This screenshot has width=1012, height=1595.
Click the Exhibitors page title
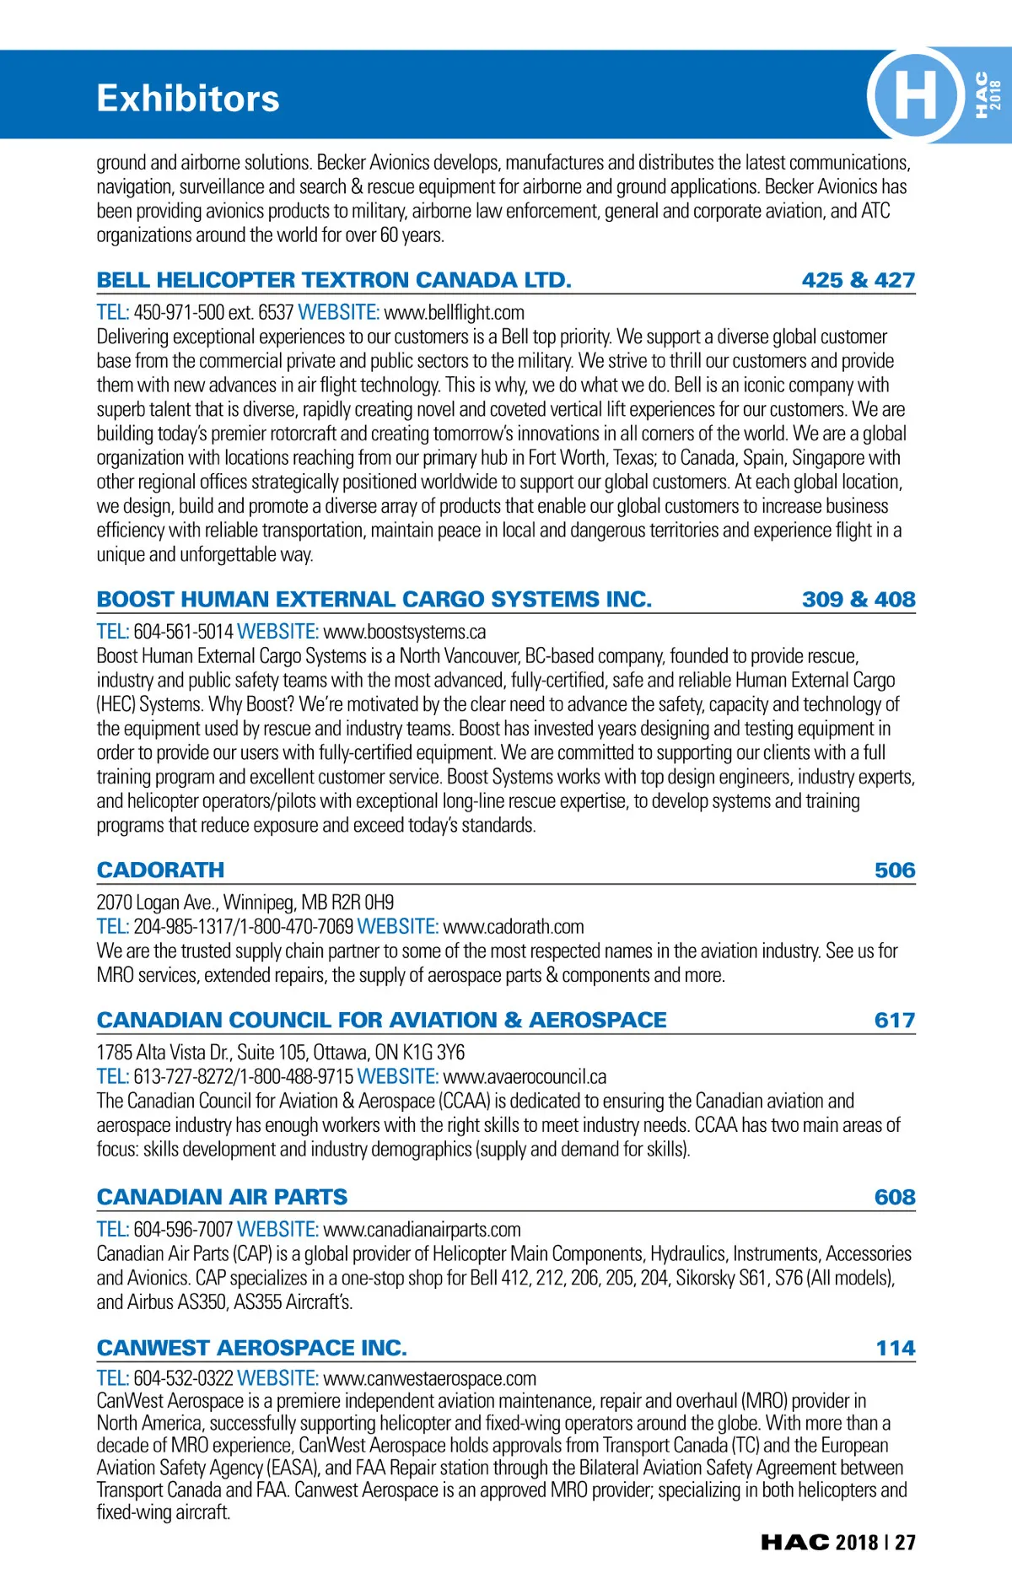point(187,99)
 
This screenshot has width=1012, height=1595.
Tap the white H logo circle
point(915,94)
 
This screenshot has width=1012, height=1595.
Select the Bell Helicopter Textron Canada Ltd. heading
point(334,280)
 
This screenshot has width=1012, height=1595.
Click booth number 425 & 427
point(858,280)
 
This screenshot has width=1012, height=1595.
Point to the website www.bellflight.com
point(454,313)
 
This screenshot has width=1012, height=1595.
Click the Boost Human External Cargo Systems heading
point(374,600)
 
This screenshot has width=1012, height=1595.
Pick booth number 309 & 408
point(858,600)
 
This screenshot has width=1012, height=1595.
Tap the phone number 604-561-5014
point(183,632)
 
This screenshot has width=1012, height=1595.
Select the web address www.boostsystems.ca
point(405,632)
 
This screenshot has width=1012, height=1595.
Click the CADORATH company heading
point(160,870)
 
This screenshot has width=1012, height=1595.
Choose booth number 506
point(894,870)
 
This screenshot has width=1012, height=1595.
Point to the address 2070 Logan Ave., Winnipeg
point(245,903)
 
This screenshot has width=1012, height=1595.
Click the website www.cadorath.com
point(514,927)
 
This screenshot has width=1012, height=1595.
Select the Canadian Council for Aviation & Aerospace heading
point(381,1021)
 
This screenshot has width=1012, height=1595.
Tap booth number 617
point(894,1021)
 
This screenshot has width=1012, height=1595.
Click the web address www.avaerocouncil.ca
point(525,1077)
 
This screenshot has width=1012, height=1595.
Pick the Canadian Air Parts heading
point(222,1198)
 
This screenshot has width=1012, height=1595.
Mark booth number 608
point(894,1198)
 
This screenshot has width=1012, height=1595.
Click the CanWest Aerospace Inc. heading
point(251,1348)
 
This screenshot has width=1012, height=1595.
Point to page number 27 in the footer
point(905,1543)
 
